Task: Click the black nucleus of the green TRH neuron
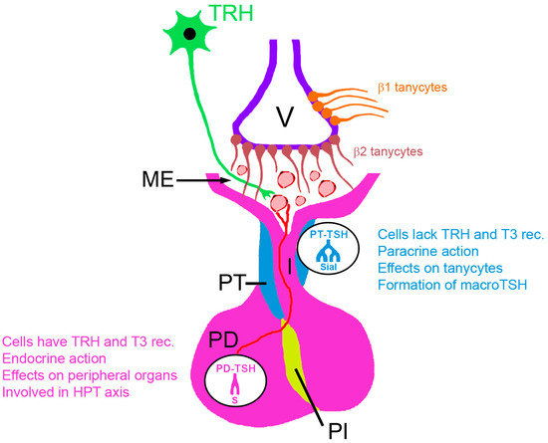click(175, 35)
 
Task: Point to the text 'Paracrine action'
click(428, 251)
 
